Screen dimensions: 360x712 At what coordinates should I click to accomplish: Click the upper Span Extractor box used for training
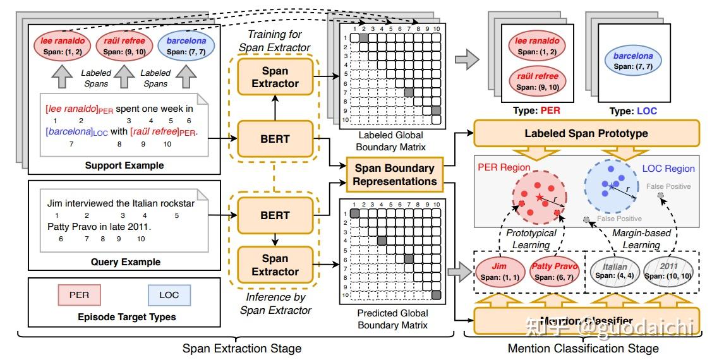(x=275, y=77)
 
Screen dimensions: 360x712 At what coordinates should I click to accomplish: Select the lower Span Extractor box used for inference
(x=275, y=265)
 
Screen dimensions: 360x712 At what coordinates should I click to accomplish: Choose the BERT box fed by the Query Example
(x=275, y=215)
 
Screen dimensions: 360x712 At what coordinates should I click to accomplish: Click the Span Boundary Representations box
(x=395, y=175)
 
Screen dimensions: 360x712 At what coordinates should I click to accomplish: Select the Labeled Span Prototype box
(x=586, y=133)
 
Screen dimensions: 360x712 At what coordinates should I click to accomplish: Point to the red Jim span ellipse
(x=499, y=272)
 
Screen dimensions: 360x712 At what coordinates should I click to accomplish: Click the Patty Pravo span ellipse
(x=554, y=272)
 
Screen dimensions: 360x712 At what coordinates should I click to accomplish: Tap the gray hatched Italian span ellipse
(x=615, y=272)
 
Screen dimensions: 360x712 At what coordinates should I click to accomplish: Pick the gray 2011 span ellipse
(x=668, y=272)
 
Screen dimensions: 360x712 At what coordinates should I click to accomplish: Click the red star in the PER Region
(x=538, y=198)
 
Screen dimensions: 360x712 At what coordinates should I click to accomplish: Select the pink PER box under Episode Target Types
(x=79, y=295)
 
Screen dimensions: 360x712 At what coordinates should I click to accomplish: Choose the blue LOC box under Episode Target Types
(x=168, y=295)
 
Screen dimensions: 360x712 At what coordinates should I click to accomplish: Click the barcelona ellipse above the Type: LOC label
(x=633, y=61)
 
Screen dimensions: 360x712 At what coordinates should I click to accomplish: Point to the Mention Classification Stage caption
(x=583, y=348)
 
